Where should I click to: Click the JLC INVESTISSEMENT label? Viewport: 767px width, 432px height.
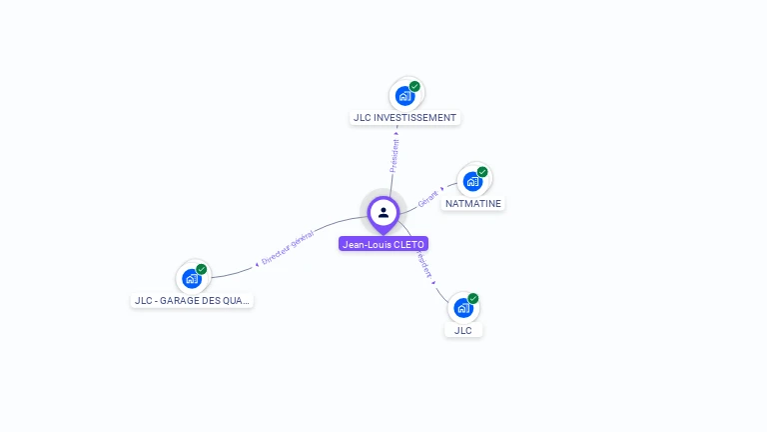coord(404,118)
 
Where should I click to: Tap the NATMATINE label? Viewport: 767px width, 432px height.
coord(473,203)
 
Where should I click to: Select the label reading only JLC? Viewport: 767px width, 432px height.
coord(462,330)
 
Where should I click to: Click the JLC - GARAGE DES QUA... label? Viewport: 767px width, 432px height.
coord(192,300)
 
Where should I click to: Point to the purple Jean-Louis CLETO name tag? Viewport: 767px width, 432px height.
coord(383,244)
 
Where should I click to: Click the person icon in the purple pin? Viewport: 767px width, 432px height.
coord(383,212)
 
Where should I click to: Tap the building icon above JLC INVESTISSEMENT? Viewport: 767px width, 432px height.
coord(403,96)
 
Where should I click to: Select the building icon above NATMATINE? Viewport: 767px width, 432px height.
coord(472,182)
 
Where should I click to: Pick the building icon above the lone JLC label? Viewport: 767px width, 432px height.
coord(462,309)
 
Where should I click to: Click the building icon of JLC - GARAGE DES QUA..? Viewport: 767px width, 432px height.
coord(191,279)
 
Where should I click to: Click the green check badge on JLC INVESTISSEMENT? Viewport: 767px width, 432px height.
coord(414,86)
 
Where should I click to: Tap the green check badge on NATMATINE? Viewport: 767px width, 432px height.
coord(482,172)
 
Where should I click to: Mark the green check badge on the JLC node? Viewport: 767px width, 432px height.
coord(473,298)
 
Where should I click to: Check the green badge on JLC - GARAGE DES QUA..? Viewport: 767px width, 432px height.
coord(202,269)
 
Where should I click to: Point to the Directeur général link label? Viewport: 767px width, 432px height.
coord(287,248)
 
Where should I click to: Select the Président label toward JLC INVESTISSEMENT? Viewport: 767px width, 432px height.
coord(394,155)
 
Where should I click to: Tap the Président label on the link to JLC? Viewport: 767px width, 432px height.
coord(424,264)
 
